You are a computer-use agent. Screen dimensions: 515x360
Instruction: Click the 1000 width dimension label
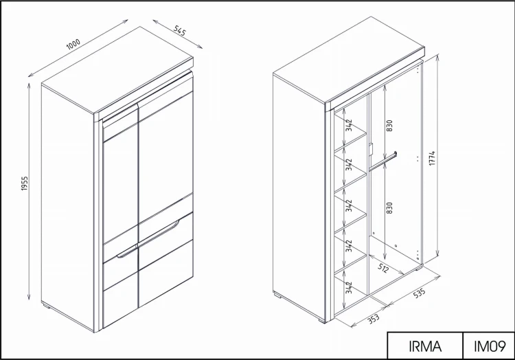[73, 44]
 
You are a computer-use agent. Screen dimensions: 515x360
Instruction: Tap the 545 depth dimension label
[180, 30]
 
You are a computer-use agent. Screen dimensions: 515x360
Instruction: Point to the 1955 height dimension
[25, 183]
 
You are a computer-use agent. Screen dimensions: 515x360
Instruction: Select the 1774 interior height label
[432, 158]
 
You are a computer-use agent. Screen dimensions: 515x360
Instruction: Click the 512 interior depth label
[383, 268]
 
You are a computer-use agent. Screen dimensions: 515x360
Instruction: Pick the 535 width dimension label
[419, 293]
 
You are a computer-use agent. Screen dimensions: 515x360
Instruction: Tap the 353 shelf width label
[373, 318]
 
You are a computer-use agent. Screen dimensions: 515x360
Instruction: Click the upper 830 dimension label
[389, 126]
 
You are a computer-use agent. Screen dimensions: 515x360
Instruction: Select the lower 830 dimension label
[389, 208]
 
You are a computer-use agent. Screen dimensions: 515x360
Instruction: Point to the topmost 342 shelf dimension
[349, 125]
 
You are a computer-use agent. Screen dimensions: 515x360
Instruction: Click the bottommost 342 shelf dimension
[349, 287]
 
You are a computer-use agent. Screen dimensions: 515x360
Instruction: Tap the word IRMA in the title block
[425, 346]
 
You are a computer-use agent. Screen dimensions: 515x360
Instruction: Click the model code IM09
[490, 346]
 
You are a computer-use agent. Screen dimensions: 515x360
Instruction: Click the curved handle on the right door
[159, 232]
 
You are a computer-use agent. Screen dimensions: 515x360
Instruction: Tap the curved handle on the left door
[127, 251]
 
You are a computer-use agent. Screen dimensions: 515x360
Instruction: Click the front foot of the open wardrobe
[322, 321]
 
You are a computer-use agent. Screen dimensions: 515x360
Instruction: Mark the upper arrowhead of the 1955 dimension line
[29, 87]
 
